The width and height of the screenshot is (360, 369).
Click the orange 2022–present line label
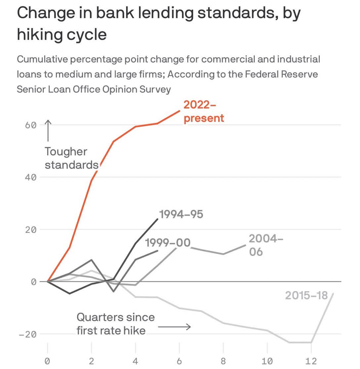(x=203, y=111)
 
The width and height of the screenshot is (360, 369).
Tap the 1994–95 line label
(x=181, y=214)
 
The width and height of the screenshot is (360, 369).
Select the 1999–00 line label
(x=168, y=243)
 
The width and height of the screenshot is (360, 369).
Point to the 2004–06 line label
(x=266, y=245)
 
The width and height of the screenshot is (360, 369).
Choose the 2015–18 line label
(x=306, y=295)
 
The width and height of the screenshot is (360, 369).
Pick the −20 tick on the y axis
(x=27, y=334)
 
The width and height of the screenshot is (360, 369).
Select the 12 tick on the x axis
(x=311, y=361)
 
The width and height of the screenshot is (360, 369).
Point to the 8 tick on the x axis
(x=223, y=361)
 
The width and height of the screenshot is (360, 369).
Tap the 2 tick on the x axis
(x=92, y=361)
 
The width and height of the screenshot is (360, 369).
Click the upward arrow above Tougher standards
(x=48, y=131)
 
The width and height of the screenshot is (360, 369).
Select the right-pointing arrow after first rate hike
(x=174, y=327)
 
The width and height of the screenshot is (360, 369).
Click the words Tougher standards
(x=71, y=158)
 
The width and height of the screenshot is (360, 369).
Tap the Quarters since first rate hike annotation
(x=115, y=324)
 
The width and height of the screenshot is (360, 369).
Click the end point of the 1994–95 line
(x=157, y=219)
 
